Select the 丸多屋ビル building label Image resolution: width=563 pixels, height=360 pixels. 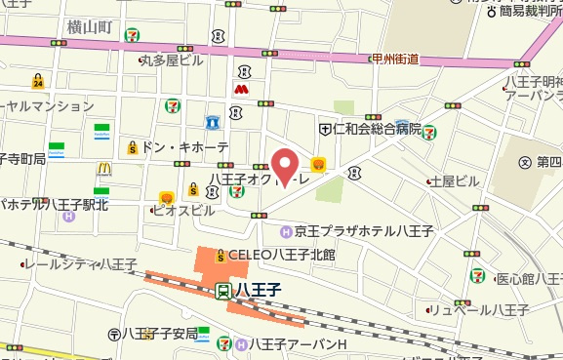click(172, 60)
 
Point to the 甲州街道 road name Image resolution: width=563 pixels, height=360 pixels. click(395, 59)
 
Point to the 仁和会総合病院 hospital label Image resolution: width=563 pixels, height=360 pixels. click(377, 128)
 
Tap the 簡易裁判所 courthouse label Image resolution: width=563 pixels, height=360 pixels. click(518, 10)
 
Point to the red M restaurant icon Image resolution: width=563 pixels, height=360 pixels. click(239, 89)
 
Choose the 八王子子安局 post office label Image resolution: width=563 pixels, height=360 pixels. click(160, 333)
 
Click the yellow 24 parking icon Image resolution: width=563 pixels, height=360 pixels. click(37, 80)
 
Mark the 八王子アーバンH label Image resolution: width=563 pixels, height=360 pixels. click(298, 343)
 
